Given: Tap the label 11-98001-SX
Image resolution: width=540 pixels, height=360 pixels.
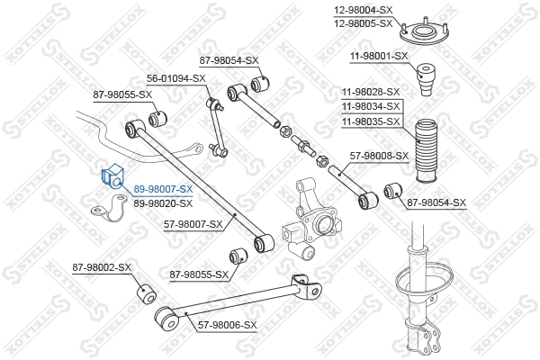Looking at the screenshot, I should pyautogui.click(x=379, y=57).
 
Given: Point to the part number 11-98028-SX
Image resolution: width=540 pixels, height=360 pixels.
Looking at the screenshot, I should pyautogui.click(x=371, y=92).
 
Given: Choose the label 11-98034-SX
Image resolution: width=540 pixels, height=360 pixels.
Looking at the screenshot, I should pyautogui.click(x=371, y=106).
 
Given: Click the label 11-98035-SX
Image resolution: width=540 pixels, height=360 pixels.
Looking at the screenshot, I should pyautogui.click(x=371, y=121).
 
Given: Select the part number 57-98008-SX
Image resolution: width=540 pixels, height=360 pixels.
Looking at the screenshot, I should pyautogui.click(x=379, y=156).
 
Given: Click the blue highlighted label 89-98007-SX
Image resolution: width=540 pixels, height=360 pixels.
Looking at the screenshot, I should pyautogui.click(x=163, y=190).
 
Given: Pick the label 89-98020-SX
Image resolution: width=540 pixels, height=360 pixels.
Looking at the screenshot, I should pyautogui.click(x=163, y=203).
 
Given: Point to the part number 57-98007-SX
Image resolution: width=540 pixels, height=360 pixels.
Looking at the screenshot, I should pyautogui.click(x=193, y=224).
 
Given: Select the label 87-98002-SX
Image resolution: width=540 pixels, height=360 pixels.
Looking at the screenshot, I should pyautogui.click(x=102, y=267).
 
